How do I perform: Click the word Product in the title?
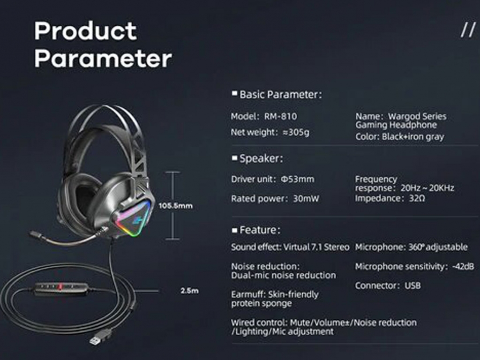(x=85, y=31)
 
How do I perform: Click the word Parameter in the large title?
(x=103, y=59)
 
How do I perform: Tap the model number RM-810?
(x=280, y=116)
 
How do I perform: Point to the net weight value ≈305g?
(x=296, y=132)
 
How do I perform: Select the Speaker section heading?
(x=261, y=158)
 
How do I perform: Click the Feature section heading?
(x=260, y=230)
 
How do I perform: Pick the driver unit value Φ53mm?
(x=298, y=179)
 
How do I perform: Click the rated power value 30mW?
(x=306, y=199)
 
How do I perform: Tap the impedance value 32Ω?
(x=417, y=198)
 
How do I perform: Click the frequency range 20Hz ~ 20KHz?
(x=427, y=188)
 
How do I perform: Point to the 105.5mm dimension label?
(x=176, y=206)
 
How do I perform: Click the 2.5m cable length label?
(x=189, y=291)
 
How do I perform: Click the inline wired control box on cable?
(x=61, y=288)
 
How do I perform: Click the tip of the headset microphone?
(x=32, y=234)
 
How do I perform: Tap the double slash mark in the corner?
(x=468, y=30)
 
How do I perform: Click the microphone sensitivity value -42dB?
(x=463, y=267)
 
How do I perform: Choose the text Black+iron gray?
(x=412, y=136)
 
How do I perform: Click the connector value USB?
(x=412, y=285)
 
